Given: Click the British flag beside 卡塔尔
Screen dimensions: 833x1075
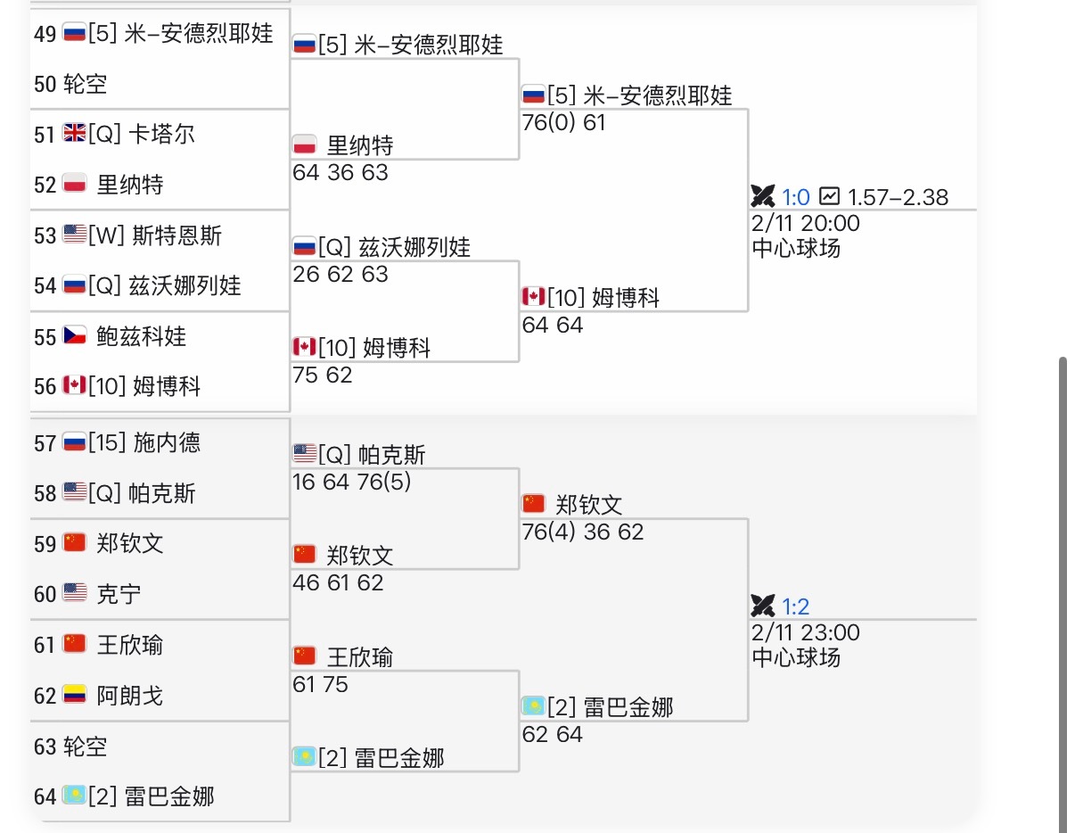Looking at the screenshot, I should click(75, 134).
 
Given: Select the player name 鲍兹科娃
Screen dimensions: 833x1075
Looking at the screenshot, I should click(142, 336).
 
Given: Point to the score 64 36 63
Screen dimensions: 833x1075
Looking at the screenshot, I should click(341, 172).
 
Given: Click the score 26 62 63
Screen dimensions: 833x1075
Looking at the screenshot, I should click(341, 274).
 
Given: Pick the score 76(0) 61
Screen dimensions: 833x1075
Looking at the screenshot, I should click(564, 122).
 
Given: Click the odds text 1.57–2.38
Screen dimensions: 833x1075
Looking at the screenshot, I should click(898, 197).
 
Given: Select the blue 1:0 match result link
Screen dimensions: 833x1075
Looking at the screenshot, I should click(796, 197).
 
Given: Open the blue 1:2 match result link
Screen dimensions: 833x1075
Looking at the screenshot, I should click(796, 607).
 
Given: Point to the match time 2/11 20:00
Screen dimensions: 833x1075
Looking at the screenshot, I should click(806, 223).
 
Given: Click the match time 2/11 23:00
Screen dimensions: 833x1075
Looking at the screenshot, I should click(806, 633).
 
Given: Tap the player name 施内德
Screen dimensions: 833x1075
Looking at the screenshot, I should click(168, 442).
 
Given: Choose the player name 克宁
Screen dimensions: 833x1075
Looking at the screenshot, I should click(119, 594).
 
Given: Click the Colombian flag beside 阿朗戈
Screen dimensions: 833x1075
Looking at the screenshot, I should click(75, 695).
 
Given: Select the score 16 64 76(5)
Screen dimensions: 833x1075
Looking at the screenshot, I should click(352, 482).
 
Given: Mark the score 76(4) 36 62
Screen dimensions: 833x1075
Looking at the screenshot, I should click(583, 532).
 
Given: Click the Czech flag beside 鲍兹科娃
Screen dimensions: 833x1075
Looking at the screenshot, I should click(75, 336).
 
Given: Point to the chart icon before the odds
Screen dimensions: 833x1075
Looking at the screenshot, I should click(830, 195).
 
